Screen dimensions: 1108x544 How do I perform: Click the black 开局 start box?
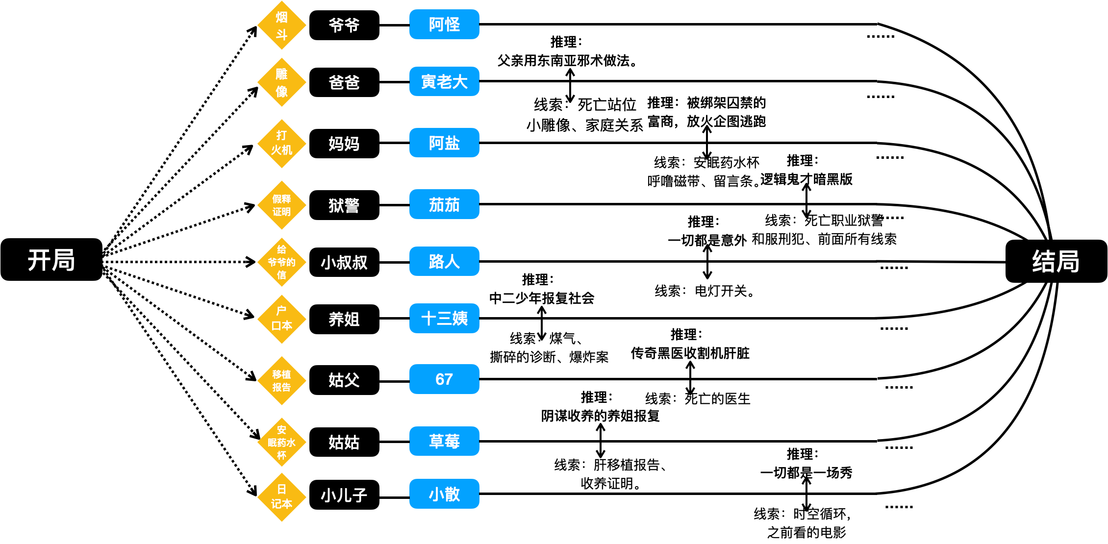pyautogui.click(x=51, y=260)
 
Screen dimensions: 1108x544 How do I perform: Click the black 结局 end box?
pyautogui.click(x=1056, y=261)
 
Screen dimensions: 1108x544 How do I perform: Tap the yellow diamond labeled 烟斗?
pyautogui.click(x=281, y=25)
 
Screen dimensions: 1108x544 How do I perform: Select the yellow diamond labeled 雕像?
pyautogui.click(x=281, y=82)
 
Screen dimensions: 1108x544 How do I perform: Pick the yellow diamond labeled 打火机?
pyautogui.click(x=281, y=144)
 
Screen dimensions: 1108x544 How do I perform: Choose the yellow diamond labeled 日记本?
pyautogui.click(x=281, y=497)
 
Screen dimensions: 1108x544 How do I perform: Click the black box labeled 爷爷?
pyautogui.click(x=344, y=25)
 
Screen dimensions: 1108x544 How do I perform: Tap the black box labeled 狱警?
pyautogui.click(x=344, y=205)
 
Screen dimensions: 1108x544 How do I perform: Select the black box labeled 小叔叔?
pyautogui.click(x=344, y=262)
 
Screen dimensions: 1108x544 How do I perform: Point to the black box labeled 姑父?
pyautogui.click(x=344, y=380)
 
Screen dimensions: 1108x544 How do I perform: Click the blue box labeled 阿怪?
pyautogui.click(x=444, y=24)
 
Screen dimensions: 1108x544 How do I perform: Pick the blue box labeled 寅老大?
pyautogui.click(x=444, y=81)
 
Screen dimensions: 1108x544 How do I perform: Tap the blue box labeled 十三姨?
pyautogui.click(x=444, y=319)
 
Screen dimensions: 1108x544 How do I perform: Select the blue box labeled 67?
pyautogui.click(x=444, y=379)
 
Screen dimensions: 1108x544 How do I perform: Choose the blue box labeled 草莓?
pyautogui.click(x=444, y=441)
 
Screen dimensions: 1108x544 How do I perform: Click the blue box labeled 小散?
pyautogui.click(x=444, y=494)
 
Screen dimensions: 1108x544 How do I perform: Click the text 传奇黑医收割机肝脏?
pyautogui.click(x=690, y=353)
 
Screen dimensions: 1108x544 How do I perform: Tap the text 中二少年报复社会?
pyautogui.click(x=542, y=298)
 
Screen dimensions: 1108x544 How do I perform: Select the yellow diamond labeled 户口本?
pyautogui.click(x=281, y=319)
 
